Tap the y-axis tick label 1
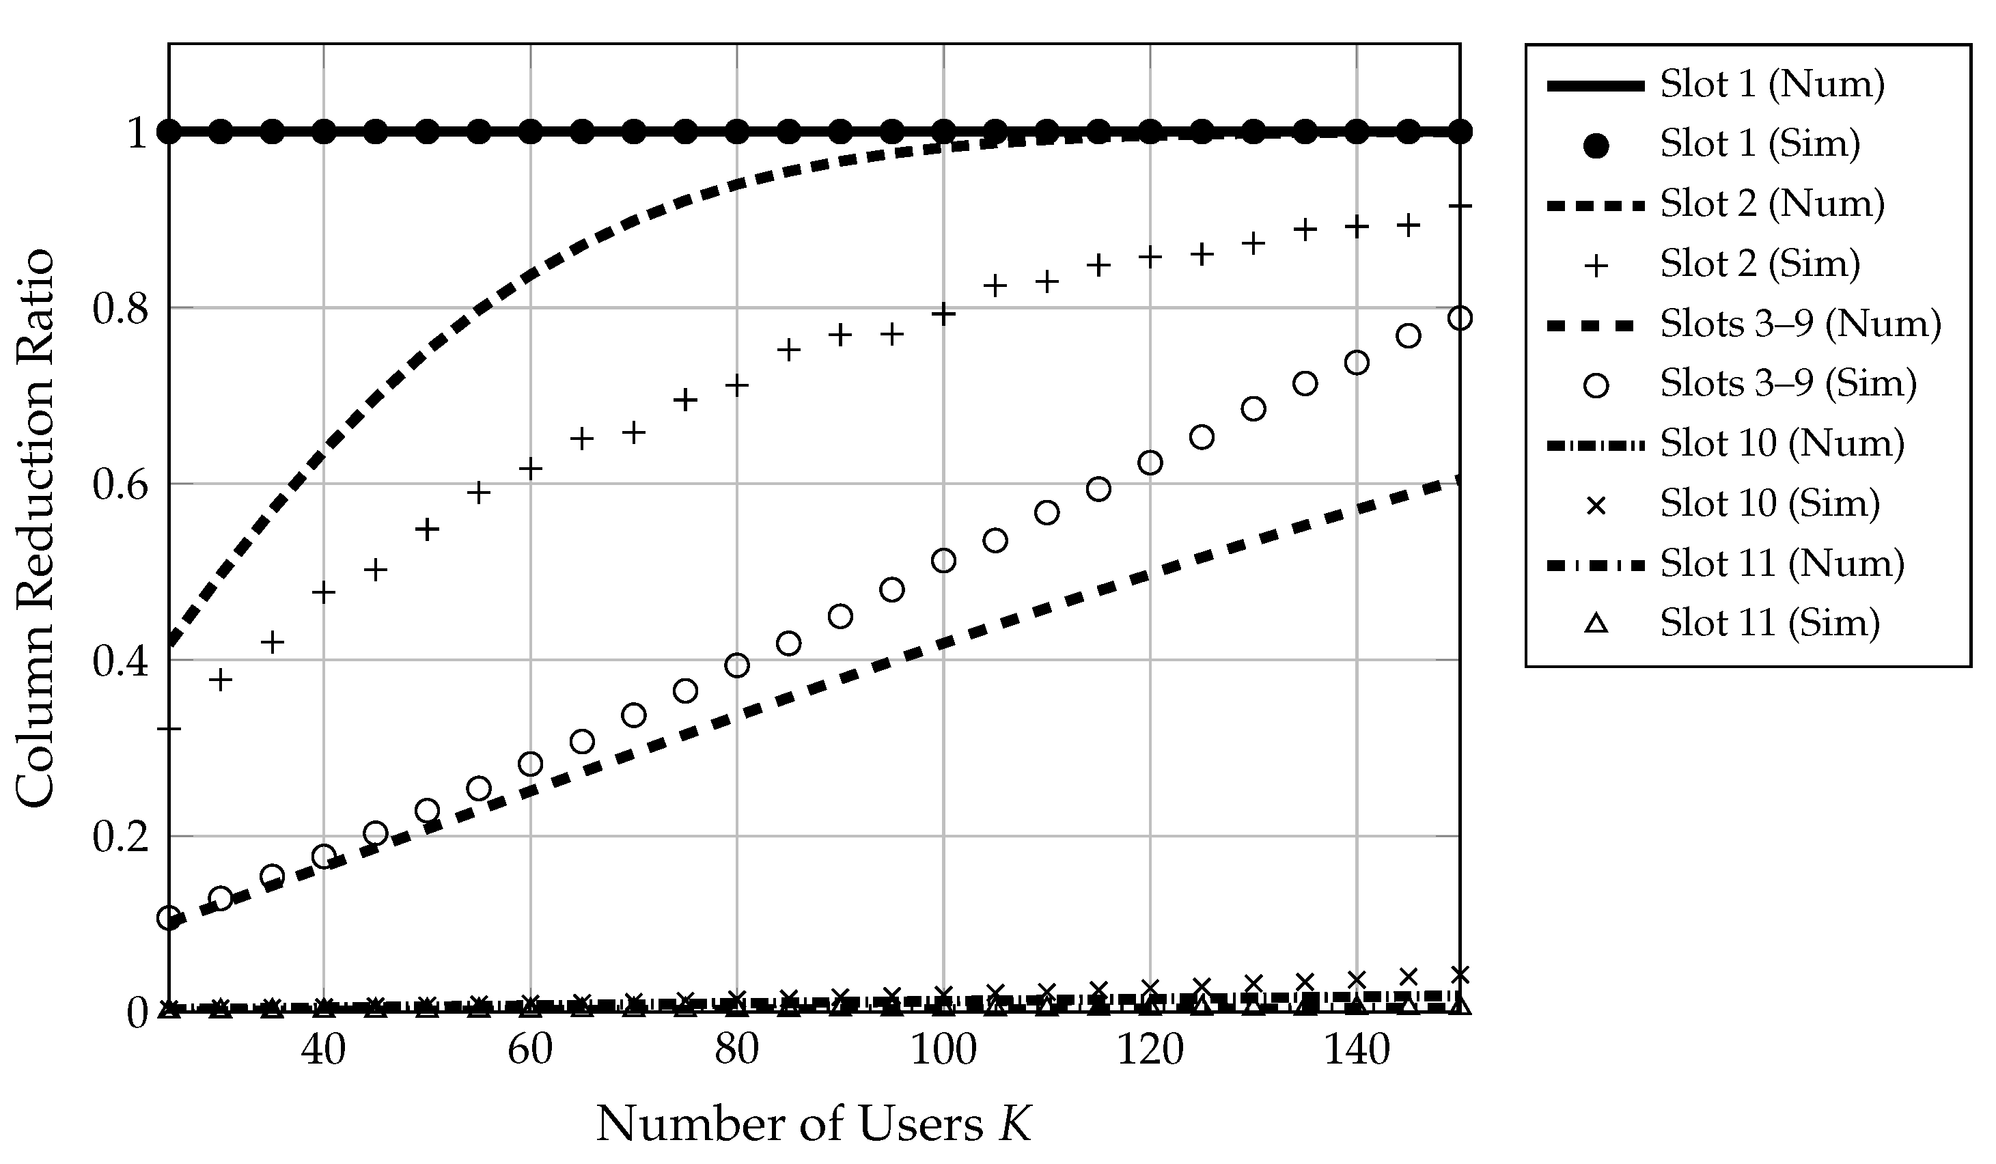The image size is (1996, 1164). point(138,133)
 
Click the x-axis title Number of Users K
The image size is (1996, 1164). point(814,1124)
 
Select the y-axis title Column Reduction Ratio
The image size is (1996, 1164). point(36,529)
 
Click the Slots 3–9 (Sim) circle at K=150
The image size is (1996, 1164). point(1459,318)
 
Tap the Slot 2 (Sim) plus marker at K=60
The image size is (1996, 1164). point(531,469)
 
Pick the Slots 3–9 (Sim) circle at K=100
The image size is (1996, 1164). point(943,561)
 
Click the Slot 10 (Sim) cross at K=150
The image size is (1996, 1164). point(1459,975)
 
